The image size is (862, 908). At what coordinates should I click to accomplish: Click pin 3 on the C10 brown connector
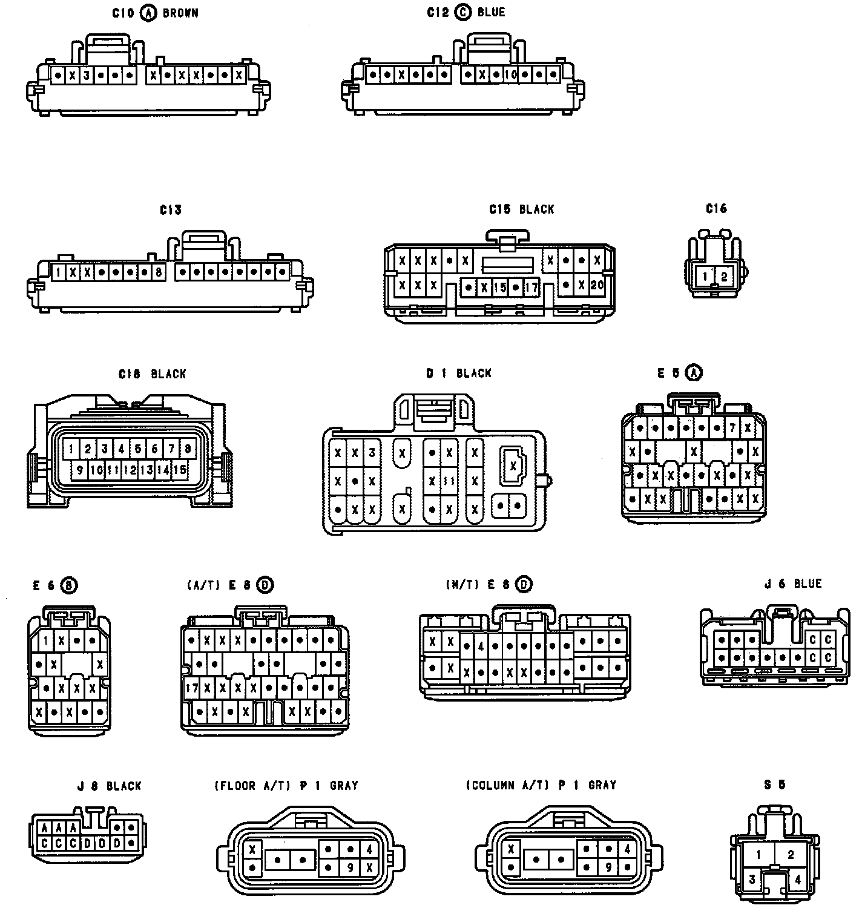point(87,76)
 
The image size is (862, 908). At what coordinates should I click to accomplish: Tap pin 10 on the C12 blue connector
point(510,76)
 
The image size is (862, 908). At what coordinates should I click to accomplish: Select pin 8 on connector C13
point(159,272)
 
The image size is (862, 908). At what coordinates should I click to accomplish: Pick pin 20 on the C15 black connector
point(597,284)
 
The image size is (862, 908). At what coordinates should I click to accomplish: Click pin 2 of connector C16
point(724,277)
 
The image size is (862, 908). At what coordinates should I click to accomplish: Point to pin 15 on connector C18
point(179,470)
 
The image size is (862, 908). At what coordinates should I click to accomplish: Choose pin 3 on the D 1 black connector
point(372,452)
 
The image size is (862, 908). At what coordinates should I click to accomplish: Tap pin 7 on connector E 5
point(732,428)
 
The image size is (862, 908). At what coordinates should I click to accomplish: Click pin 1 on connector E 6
point(47,640)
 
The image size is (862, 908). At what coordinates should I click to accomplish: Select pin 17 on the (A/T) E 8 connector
point(192,688)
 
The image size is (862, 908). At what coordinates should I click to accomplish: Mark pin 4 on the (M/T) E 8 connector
point(481,646)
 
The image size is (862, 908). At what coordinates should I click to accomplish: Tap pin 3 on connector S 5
point(752,880)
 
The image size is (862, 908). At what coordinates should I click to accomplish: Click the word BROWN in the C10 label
point(180,13)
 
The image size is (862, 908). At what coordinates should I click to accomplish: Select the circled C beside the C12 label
point(464,12)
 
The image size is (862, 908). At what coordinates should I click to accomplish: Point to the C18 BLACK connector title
point(152,374)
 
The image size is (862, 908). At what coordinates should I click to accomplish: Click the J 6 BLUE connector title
point(792,584)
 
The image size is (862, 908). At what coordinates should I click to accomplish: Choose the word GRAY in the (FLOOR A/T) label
point(343,786)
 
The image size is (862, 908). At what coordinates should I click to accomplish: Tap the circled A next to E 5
point(694,373)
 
